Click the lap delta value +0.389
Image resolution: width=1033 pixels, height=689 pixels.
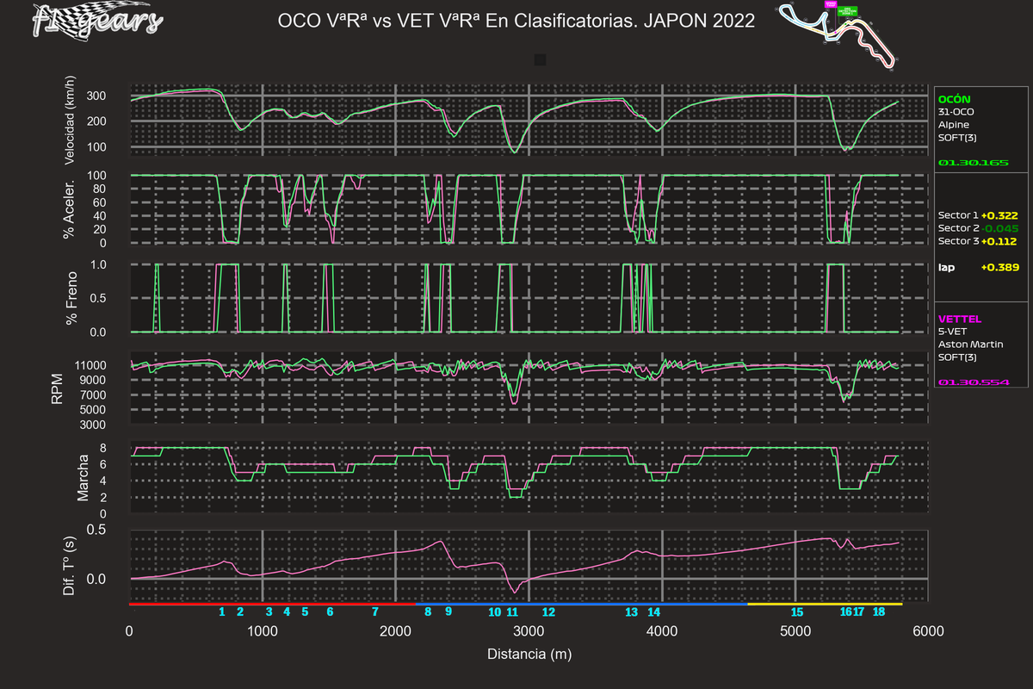[x=999, y=268]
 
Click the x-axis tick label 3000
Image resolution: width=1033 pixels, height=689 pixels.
[x=528, y=631]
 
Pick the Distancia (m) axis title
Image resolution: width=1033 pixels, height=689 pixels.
[x=529, y=655]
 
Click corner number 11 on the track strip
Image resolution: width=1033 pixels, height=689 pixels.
[x=512, y=612]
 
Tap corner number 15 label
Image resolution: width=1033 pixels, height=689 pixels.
[x=796, y=612]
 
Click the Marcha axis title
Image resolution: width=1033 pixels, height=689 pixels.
[x=84, y=479]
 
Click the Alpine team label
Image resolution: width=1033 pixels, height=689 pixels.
[x=953, y=125]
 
